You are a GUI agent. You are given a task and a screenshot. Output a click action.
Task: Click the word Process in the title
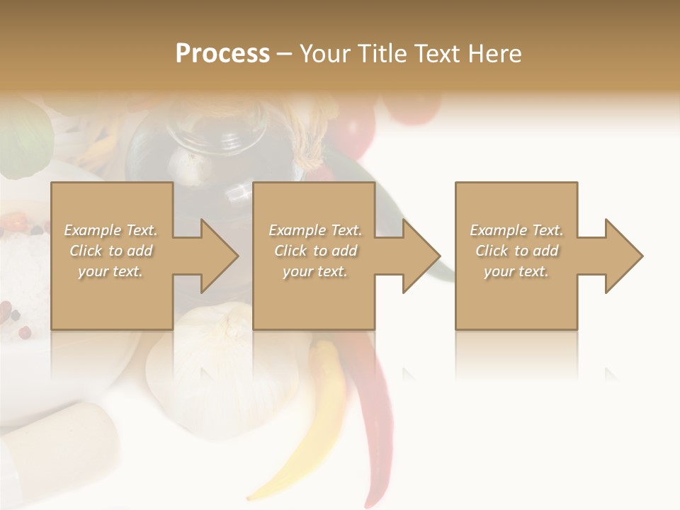[x=222, y=53]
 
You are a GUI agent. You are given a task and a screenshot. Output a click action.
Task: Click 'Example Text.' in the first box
[x=110, y=230]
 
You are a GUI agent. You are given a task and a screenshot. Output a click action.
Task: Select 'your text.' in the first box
[x=110, y=271]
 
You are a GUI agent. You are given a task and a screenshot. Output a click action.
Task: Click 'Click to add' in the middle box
[x=315, y=251]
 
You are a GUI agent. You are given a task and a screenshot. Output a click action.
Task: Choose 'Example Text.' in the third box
[x=516, y=230]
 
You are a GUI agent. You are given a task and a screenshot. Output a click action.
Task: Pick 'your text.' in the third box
[x=516, y=271]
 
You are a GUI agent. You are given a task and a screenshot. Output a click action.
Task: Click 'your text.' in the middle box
[x=315, y=271]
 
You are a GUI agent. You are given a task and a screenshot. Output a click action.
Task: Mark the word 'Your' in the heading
[x=324, y=53]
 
